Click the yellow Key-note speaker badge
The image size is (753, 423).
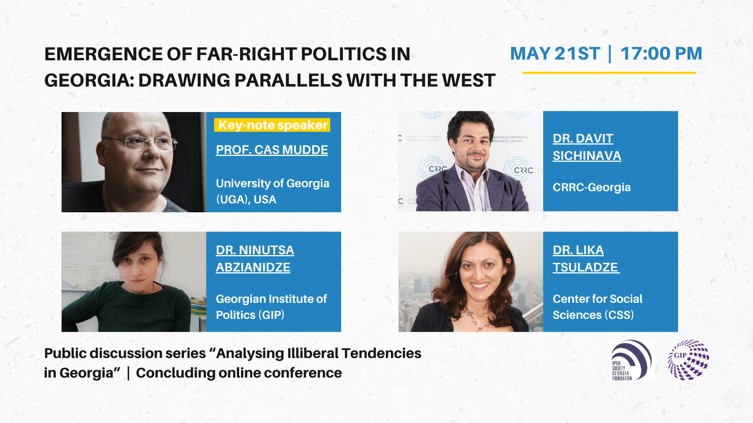tap(272, 125)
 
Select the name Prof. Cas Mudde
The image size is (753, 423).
tap(272, 150)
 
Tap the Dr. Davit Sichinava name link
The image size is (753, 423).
tap(587, 147)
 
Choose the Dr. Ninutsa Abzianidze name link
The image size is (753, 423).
tap(255, 258)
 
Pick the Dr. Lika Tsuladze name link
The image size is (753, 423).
tap(586, 258)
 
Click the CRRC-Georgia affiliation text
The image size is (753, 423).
tap(591, 187)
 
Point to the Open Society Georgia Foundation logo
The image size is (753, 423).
tap(632, 360)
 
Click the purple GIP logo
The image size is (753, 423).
tap(689, 360)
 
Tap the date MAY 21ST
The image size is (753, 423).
tap(555, 53)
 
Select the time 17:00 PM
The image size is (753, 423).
tap(661, 53)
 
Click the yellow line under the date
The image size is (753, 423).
tap(609, 73)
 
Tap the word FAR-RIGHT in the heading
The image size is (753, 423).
tap(246, 54)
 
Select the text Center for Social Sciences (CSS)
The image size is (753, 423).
tap(597, 307)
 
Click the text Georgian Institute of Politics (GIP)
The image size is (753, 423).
tap(271, 307)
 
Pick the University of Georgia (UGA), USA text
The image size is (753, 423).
tap(273, 192)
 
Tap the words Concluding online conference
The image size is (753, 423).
tap(239, 373)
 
